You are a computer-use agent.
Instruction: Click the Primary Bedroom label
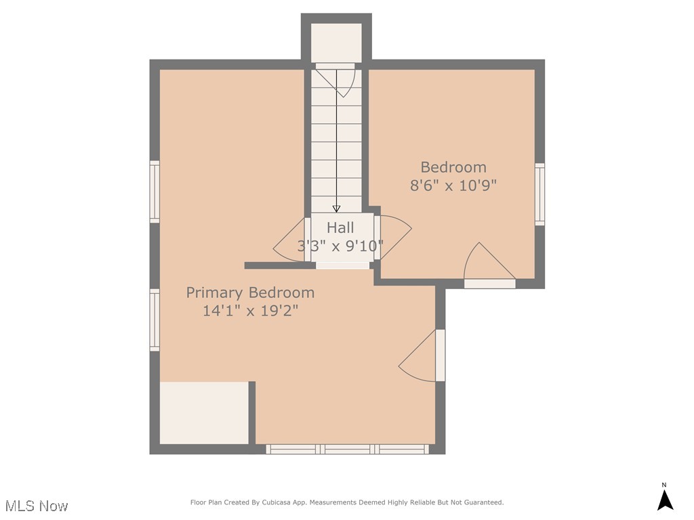click(250, 292)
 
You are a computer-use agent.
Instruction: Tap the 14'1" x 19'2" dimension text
click(250, 311)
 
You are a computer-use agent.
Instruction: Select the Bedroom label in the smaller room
click(453, 167)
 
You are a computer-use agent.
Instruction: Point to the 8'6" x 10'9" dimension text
click(453, 186)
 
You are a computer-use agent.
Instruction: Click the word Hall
click(340, 227)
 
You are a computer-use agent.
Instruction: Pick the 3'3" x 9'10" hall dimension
click(340, 246)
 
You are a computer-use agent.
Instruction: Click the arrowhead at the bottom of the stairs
click(336, 209)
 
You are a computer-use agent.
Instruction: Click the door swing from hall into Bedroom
click(393, 237)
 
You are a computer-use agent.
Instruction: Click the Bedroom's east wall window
click(539, 194)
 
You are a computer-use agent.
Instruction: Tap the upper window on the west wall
click(155, 192)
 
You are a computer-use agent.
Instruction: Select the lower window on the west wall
click(155, 320)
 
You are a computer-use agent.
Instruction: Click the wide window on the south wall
click(347, 449)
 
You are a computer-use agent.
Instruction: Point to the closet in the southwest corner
click(204, 413)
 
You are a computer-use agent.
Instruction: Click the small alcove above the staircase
click(336, 42)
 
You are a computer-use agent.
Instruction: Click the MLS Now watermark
click(37, 506)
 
